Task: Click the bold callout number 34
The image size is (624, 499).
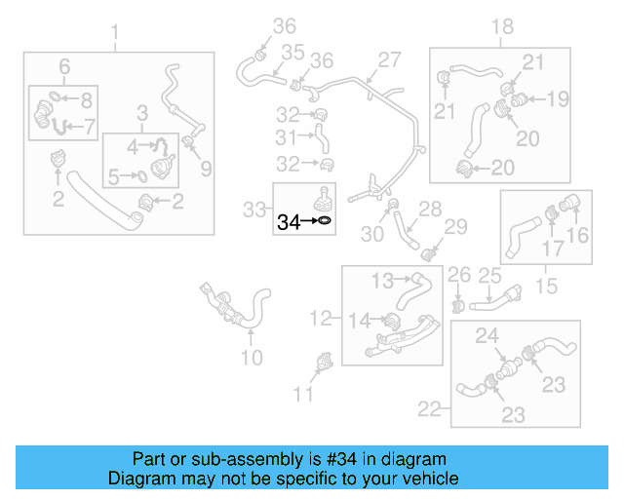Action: point(289,222)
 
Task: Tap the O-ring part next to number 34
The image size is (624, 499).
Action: point(325,222)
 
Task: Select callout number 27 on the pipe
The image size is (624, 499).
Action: point(389,60)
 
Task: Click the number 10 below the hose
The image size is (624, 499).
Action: point(252,358)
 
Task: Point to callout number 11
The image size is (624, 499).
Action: point(304,394)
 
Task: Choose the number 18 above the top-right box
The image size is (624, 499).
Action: point(501,26)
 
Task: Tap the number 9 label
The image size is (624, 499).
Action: point(206,170)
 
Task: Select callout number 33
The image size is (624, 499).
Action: point(254,208)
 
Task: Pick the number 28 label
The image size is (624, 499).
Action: point(430,209)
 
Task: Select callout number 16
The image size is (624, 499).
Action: point(578,235)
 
